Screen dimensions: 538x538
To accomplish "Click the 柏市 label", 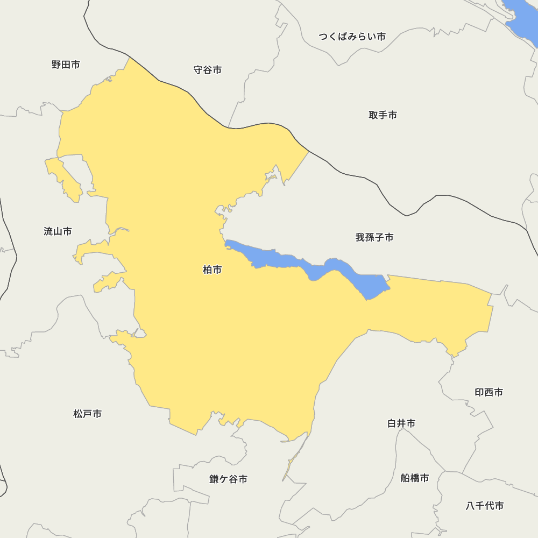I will click(212, 270).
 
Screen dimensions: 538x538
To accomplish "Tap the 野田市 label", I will click(66, 65).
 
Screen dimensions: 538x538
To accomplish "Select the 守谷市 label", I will click(207, 70).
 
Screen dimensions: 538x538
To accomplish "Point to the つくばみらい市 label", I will click(352, 37).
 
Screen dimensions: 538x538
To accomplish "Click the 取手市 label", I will click(383, 115).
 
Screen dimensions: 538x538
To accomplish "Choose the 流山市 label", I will click(58, 231).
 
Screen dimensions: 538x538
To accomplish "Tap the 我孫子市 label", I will click(374, 237).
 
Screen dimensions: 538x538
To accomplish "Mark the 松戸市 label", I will click(87, 414).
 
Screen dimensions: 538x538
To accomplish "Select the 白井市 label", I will click(401, 423).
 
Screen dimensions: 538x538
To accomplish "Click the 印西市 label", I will click(489, 392).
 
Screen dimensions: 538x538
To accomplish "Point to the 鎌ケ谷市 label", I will click(228, 479).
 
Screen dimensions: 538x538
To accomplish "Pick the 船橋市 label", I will click(414, 478).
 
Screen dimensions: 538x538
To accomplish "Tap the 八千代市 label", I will click(484, 506).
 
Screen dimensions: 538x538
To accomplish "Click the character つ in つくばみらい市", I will click(323, 37).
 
